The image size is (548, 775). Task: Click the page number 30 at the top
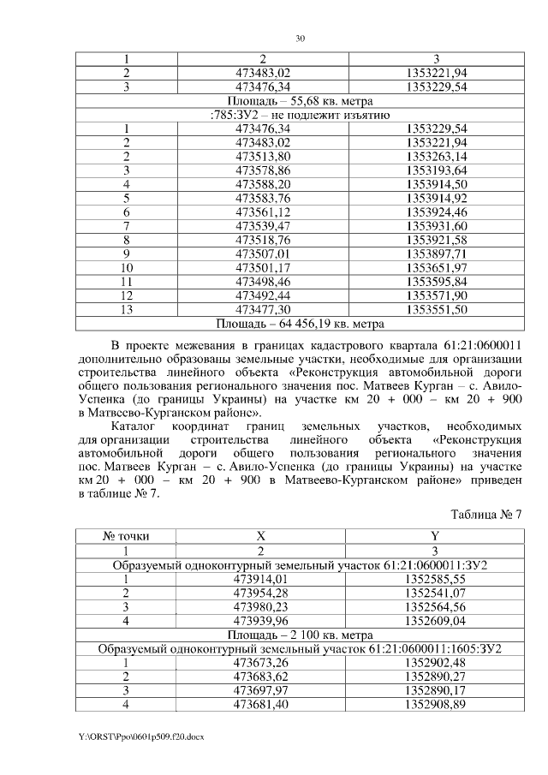coord(300,39)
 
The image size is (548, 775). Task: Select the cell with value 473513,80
coord(262,156)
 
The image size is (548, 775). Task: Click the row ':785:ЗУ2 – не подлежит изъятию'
coord(300,115)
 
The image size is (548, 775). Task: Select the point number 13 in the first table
coord(126,308)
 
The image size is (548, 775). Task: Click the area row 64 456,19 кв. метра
coord(300,323)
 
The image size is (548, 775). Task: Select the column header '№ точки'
coord(126,536)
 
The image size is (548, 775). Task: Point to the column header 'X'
coord(262,536)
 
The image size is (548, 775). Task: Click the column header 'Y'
coord(436,536)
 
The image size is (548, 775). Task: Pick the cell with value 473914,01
coord(262,579)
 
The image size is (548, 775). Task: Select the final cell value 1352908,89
coord(436,704)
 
